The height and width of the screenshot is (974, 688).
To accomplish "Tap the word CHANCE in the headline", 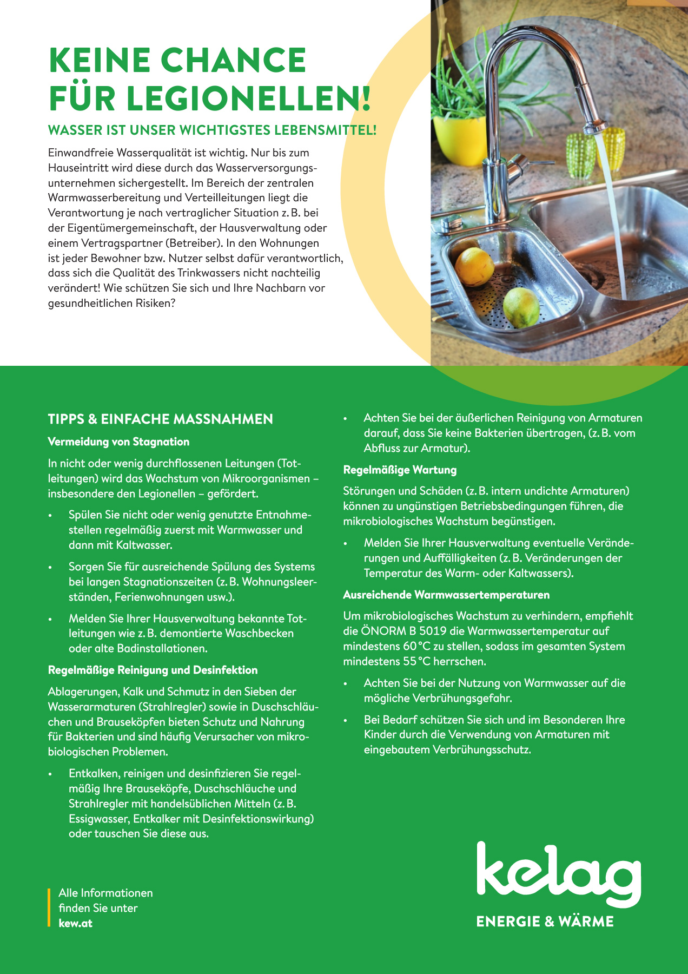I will (x=234, y=60).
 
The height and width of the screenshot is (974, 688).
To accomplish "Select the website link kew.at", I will (x=75, y=923).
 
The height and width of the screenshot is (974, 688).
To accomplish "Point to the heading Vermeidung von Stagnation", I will (x=118, y=442).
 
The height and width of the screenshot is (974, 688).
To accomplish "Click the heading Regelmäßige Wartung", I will (x=400, y=470).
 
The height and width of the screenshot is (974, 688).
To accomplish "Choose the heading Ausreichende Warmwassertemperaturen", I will (x=446, y=595).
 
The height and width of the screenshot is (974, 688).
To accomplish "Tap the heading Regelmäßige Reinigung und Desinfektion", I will (x=153, y=670).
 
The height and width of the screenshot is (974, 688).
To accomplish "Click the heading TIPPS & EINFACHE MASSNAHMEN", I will (x=160, y=419).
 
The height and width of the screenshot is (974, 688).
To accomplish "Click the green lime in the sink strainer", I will (x=521, y=307).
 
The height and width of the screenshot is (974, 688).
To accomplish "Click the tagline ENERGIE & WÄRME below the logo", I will (x=545, y=922).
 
